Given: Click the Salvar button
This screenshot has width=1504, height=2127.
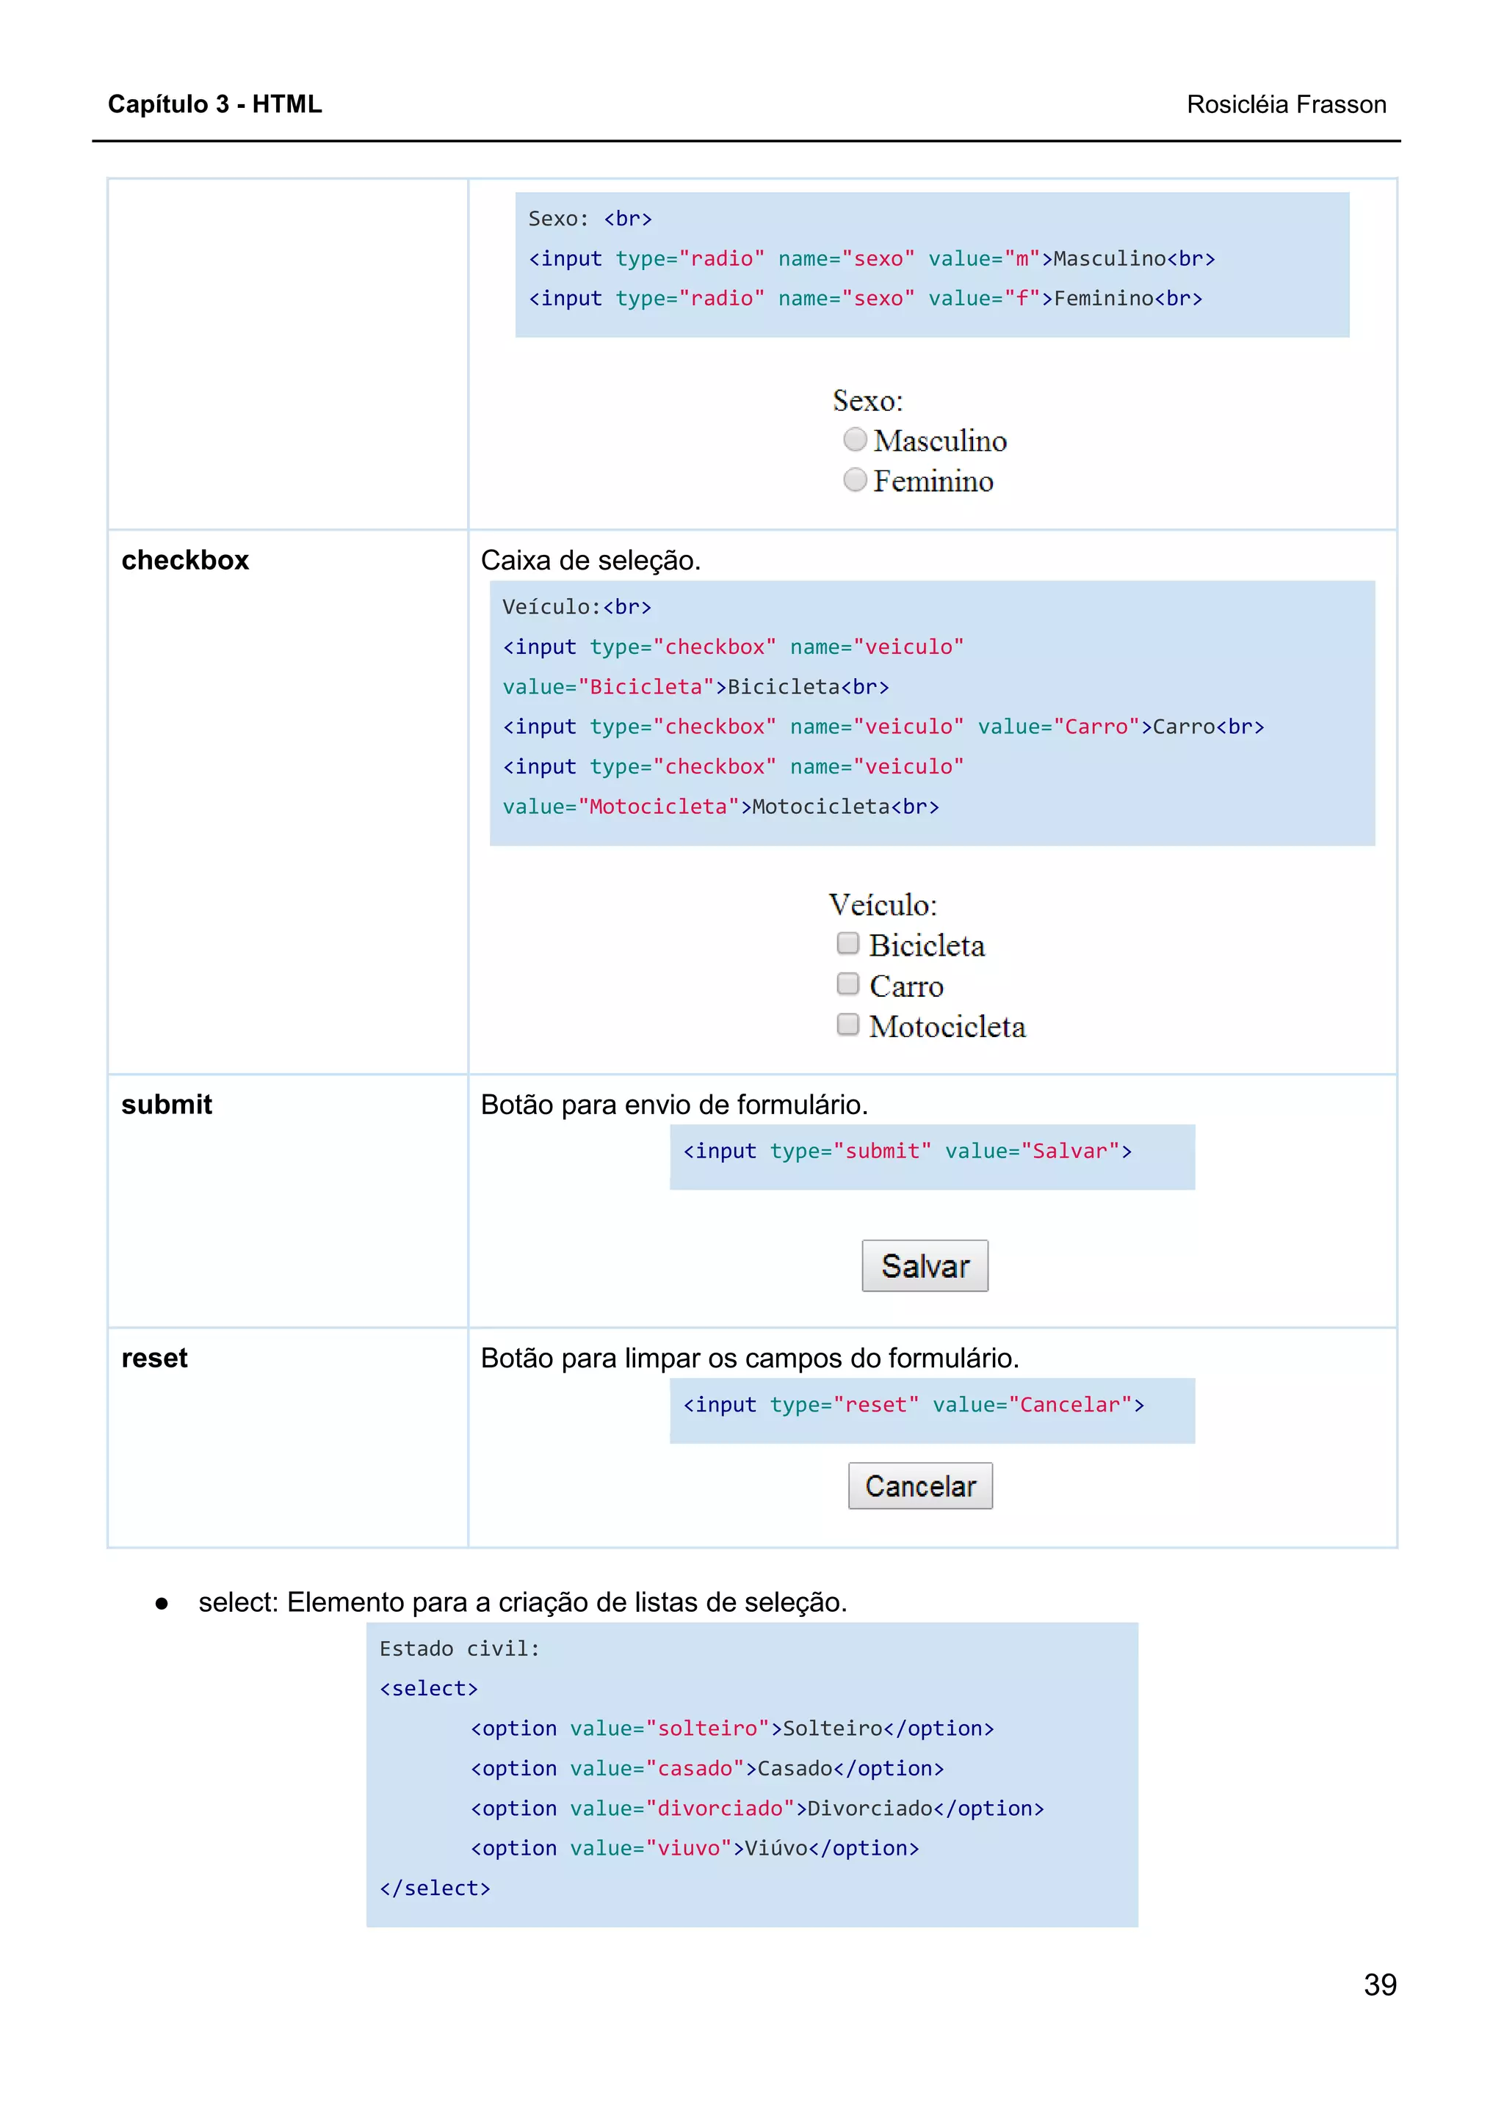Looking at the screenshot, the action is pyautogui.click(x=924, y=1265).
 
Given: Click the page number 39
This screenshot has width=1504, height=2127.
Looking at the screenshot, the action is pyautogui.click(x=1379, y=1985).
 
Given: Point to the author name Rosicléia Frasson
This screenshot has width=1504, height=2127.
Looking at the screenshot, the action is pyautogui.click(x=1285, y=105).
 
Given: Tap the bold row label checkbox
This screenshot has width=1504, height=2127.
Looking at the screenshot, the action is pyautogui.click(x=185, y=561).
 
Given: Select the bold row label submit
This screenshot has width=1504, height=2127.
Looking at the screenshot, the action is pyautogui.click(x=167, y=1105).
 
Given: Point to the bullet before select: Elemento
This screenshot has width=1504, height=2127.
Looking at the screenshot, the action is pyautogui.click(x=162, y=1604).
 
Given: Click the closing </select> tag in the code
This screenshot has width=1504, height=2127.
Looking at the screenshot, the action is pyautogui.click(x=435, y=1888).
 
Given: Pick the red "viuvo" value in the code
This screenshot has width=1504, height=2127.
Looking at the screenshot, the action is pyautogui.click(x=689, y=1848).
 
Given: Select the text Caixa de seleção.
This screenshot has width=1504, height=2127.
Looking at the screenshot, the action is pyautogui.click(x=590, y=561).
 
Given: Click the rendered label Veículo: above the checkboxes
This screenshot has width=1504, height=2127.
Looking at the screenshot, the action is pyautogui.click(x=882, y=905).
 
